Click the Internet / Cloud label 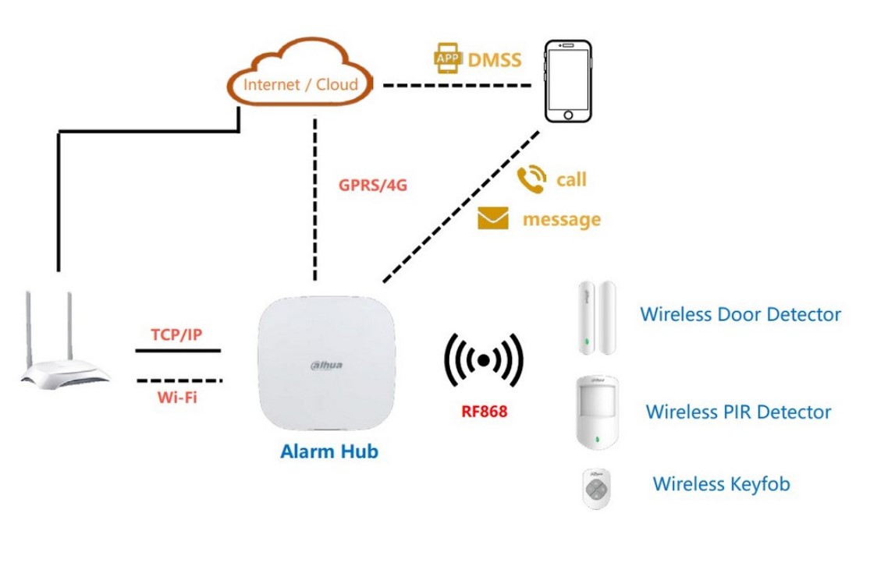coord(301,85)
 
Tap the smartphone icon coord(567,80)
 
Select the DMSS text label coord(494,60)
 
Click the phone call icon coord(532,179)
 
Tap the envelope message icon coord(493,219)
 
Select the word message coord(562,219)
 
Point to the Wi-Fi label coord(177,397)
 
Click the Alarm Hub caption coord(329,451)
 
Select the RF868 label coord(484,411)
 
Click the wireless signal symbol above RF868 coord(484,360)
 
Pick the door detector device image coord(596,319)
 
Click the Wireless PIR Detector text coord(738,412)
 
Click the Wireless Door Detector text coord(740,314)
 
